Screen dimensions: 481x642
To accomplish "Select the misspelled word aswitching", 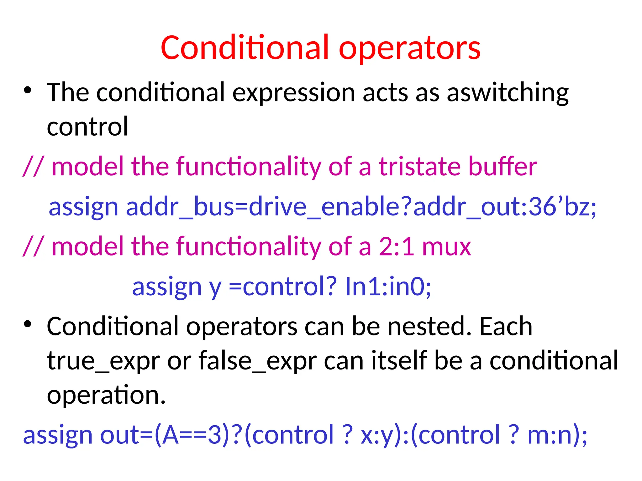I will click(x=508, y=93).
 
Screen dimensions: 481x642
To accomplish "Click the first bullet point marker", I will click(x=28, y=91).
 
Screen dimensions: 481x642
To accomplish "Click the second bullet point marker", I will click(x=28, y=324).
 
